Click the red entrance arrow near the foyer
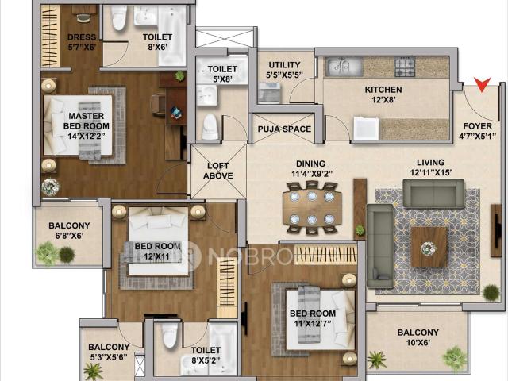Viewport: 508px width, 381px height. tap(482, 84)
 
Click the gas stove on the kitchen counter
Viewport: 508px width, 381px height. tap(405, 67)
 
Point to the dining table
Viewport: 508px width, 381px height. tap(312, 208)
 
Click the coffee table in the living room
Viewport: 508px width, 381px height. tap(429, 247)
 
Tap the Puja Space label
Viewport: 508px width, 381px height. tap(284, 129)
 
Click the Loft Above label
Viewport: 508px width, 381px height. tap(218, 171)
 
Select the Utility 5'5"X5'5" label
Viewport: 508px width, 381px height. tap(284, 70)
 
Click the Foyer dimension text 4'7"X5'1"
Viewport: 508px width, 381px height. tap(477, 137)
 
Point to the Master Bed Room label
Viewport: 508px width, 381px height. tap(87, 125)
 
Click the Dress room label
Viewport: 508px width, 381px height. tap(82, 42)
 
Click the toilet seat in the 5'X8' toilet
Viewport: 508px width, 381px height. tap(210, 126)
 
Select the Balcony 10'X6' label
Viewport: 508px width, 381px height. tap(418, 337)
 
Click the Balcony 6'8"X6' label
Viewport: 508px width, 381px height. tap(69, 230)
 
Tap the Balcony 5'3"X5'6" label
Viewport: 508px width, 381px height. tap(109, 352)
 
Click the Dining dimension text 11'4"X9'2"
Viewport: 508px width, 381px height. tap(312, 174)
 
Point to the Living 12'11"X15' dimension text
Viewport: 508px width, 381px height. tap(430, 173)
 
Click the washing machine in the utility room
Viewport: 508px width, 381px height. tap(269, 92)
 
